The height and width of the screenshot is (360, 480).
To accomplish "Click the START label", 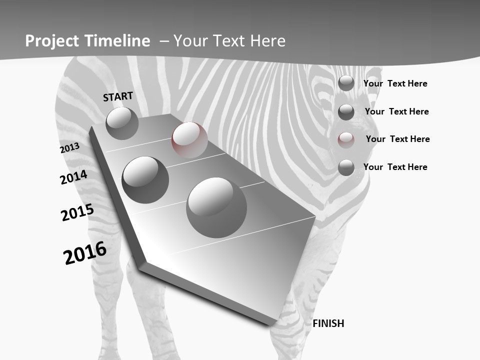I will coord(118,96).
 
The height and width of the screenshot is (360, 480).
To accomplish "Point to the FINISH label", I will coord(328,323).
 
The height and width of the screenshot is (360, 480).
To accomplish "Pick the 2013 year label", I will coord(69,148).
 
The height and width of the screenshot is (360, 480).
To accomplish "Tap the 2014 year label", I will coord(73,177).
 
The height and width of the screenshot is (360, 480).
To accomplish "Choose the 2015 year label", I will coord(77,212).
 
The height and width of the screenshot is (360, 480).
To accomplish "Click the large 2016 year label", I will coord(85,252).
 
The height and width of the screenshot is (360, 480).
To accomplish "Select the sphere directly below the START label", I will coord(122,123).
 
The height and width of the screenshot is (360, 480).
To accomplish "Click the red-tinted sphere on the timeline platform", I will coord(189,139).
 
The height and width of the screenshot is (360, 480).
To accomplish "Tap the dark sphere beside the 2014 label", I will coord(145,179).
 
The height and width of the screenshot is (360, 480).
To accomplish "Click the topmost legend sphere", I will coord(346,83).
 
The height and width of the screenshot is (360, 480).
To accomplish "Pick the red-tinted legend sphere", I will coord(346,139).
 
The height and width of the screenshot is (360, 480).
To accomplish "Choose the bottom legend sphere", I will coord(346,167).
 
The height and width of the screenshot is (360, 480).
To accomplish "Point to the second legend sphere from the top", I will coord(346,112).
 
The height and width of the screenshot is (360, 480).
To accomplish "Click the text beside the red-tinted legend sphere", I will coord(397,139).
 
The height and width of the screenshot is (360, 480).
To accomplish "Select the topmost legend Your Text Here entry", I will coord(395,83).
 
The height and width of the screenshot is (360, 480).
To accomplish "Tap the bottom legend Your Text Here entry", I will coord(395,167).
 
